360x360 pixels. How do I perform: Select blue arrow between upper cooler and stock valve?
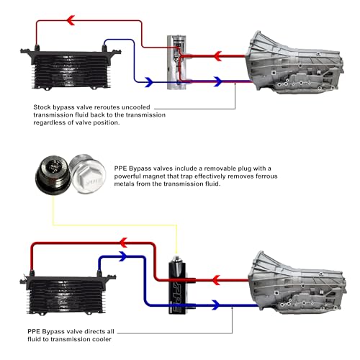(x=148, y=83)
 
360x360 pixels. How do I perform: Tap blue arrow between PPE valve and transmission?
(x=216, y=306)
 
